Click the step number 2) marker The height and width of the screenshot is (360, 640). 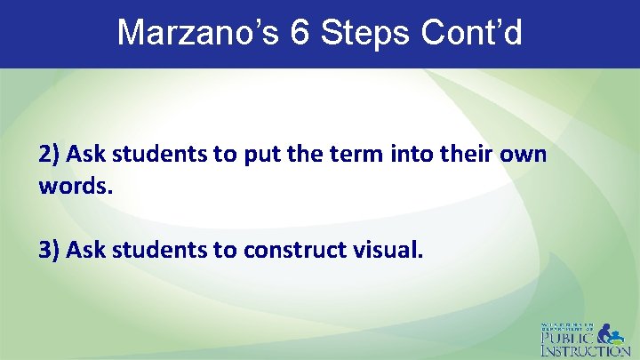point(49,154)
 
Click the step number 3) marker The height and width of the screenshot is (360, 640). point(49,250)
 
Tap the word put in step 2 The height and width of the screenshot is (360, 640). point(237,154)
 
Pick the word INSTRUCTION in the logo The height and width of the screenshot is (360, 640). point(586,351)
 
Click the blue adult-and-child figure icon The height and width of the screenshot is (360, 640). point(612,333)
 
